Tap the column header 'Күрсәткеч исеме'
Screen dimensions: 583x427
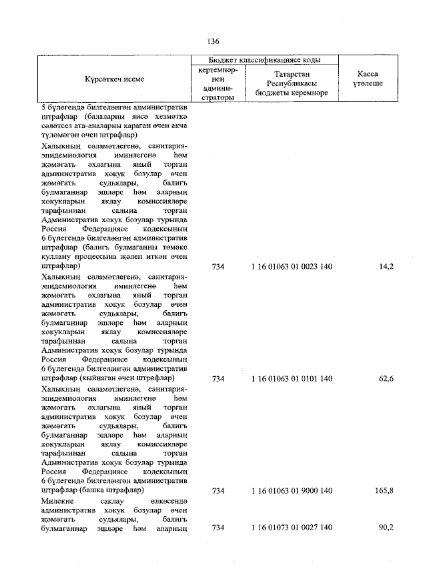(x=114, y=79)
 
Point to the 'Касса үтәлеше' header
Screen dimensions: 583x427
(x=368, y=79)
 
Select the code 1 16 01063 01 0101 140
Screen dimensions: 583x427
(x=292, y=379)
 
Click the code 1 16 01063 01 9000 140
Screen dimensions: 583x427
(x=292, y=491)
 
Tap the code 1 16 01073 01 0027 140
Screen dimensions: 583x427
(x=292, y=528)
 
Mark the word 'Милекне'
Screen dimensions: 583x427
(x=59, y=500)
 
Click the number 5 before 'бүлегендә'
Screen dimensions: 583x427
(x=44, y=107)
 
